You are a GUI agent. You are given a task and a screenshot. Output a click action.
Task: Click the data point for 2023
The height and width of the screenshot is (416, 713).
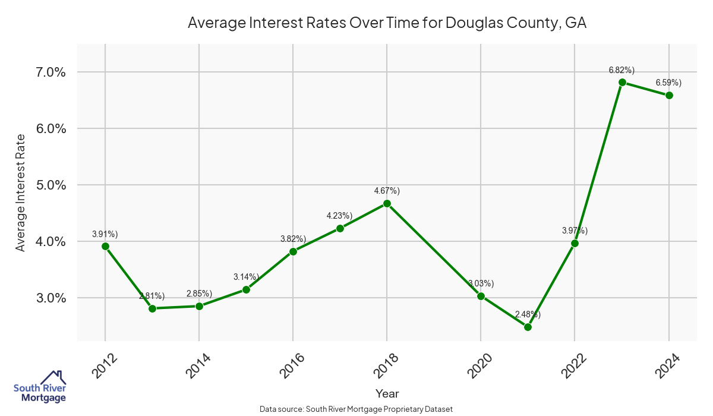[622, 82]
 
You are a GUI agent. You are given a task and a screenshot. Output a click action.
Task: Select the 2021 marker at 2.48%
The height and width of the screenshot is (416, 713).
[528, 327]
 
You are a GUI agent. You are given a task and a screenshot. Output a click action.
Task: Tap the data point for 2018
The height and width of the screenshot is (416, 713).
[387, 203]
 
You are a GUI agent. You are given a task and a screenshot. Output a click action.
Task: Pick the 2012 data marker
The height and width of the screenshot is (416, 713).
[105, 246]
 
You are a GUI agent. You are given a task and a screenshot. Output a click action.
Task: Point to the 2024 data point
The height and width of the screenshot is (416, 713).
[669, 95]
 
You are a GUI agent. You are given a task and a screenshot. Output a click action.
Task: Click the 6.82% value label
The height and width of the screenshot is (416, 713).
[621, 70]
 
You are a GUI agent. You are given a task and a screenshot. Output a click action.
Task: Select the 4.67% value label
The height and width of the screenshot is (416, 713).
[387, 191]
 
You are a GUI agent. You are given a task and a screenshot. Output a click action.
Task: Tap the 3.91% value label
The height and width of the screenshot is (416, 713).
[105, 234]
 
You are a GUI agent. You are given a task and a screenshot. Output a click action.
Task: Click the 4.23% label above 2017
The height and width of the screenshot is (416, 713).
[339, 216]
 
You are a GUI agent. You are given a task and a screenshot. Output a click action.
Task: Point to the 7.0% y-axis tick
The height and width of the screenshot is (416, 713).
[48, 73]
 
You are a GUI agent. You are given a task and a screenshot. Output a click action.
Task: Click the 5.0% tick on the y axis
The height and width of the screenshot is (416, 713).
[48, 185]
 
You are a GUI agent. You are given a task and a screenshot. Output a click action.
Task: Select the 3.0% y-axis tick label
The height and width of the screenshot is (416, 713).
[48, 298]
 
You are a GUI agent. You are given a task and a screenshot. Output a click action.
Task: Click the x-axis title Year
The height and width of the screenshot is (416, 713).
[387, 393]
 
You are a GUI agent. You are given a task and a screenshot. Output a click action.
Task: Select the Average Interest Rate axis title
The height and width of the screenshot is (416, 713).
[21, 192]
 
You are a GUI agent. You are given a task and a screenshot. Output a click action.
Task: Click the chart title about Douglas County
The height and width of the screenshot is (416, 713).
[387, 23]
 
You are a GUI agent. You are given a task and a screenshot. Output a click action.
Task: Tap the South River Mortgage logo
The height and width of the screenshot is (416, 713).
[40, 387]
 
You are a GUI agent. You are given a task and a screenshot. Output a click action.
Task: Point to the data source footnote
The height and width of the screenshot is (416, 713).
[356, 409]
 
